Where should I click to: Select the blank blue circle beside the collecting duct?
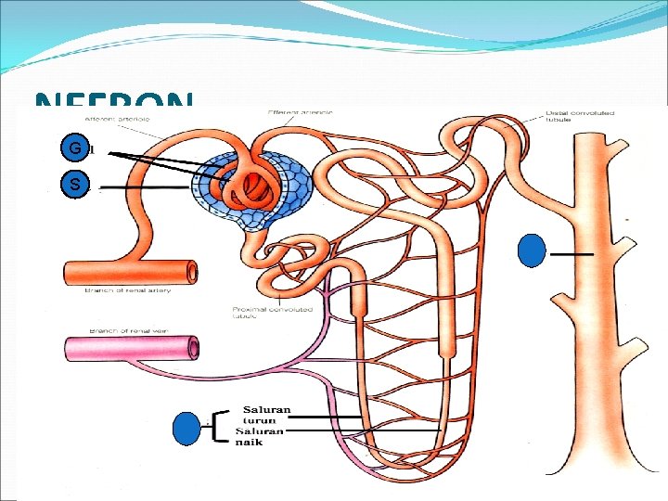(532, 251)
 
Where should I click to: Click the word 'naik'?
(249, 442)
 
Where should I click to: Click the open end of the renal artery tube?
(191, 273)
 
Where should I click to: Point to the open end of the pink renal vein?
(192, 348)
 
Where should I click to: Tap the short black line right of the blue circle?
(571, 252)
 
